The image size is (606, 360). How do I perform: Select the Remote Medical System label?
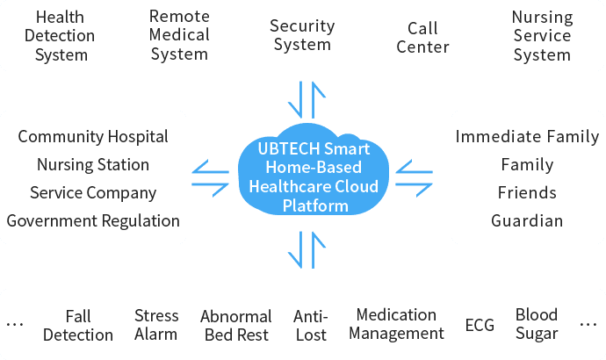tap(179, 35)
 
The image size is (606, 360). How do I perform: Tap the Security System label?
tap(302, 35)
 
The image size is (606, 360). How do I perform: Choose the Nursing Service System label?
tap(542, 36)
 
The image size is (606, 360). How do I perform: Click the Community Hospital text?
tap(93, 137)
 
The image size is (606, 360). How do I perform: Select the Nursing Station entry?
tap(93, 165)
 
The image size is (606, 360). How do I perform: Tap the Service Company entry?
tap(93, 193)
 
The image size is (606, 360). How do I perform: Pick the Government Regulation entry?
tap(93, 221)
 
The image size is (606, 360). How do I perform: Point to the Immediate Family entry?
tap(527, 137)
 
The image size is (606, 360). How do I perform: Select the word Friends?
tap(527, 193)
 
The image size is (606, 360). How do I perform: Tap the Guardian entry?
tap(527, 221)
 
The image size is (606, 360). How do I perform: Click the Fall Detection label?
tap(78, 325)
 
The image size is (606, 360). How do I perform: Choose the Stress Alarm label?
tap(156, 324)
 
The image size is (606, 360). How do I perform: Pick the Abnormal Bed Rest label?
tap(236, 326)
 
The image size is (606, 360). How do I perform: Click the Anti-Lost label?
tap(311, 325)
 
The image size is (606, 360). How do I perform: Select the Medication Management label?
tap(400, 324)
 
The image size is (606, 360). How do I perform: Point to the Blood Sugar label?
tap(537, 324)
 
